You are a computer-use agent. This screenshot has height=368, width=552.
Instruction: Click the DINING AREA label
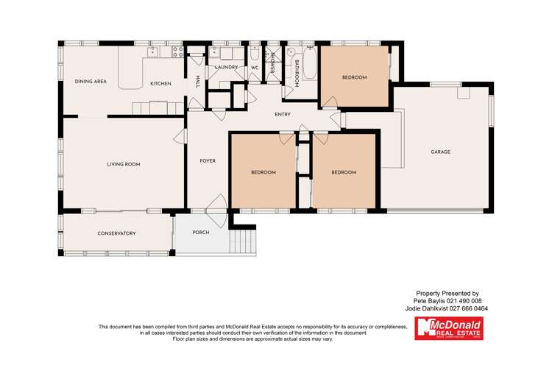coord(91,82)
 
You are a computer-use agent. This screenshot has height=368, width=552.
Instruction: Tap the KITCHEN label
coord(160,84)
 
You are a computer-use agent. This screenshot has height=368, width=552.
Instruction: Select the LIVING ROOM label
coord(124,164)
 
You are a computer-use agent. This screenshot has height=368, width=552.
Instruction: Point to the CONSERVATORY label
coord(117,233)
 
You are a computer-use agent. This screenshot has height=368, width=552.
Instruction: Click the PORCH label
coord(200,233)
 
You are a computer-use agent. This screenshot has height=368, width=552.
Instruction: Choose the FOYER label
coord(208,160)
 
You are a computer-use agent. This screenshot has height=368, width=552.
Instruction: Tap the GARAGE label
coord(440,152)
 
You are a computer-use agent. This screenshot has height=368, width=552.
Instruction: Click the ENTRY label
coord(282,115)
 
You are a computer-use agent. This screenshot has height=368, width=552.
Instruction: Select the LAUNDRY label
coord(226,67)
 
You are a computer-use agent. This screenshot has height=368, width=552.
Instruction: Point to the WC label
coord(255,67)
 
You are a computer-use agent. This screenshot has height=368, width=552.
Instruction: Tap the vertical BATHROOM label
coord(296,74)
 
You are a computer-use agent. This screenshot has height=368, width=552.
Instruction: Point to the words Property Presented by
coord(447,293)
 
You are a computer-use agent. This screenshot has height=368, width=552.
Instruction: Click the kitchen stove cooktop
coord(177,52)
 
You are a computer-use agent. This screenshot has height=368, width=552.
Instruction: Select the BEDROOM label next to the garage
coord(354,77)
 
